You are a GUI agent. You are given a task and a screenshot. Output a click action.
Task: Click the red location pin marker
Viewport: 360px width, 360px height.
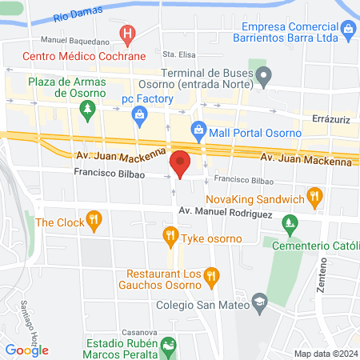(181, 163)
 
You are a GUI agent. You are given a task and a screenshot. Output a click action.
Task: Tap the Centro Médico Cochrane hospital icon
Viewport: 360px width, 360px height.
(126, 34)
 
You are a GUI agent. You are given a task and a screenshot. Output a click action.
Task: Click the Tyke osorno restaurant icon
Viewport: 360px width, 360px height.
(170, 235)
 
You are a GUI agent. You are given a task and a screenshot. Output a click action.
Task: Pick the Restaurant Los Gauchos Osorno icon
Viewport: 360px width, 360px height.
(211, 277)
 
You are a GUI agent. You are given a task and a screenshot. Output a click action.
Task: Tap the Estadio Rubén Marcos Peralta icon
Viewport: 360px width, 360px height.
(168, 346)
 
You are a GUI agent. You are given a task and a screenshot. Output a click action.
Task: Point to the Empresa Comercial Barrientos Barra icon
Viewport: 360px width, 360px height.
(348, 31)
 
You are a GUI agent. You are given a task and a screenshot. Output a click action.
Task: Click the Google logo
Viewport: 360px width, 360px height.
(26, 350)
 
